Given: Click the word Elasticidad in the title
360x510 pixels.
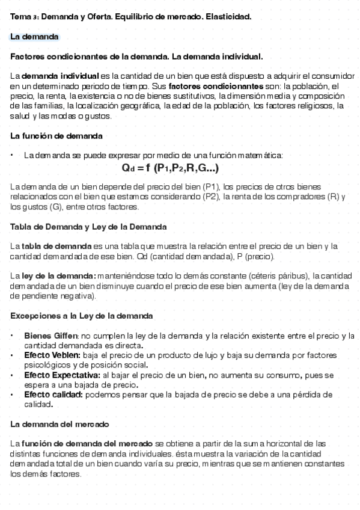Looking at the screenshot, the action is (x=228, y=17).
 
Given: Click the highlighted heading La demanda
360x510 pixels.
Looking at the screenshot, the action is (x=34, y=37).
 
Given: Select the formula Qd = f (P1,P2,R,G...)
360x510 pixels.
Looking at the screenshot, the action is (x=170, y=168).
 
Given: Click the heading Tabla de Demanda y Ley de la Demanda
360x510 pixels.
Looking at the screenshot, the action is (x=88, y=227).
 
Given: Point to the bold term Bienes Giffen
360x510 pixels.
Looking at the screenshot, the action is (x=51, y=336).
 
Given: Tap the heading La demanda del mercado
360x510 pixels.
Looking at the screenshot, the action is (x=59, y=424).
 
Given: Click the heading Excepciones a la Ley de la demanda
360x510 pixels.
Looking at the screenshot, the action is (x=81, y=316).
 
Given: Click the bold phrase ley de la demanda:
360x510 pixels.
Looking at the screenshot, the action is (x=53, y=276).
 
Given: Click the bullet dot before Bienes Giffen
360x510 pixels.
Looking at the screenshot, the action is (x=13, y=336).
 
